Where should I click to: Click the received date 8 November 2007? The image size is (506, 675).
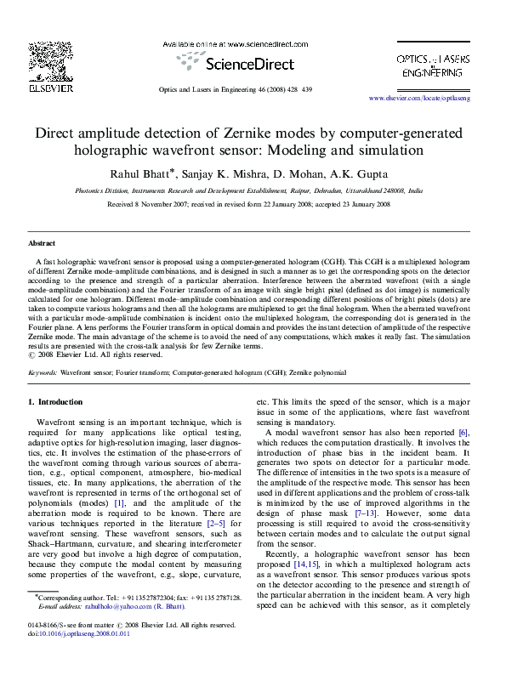(161, 205)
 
